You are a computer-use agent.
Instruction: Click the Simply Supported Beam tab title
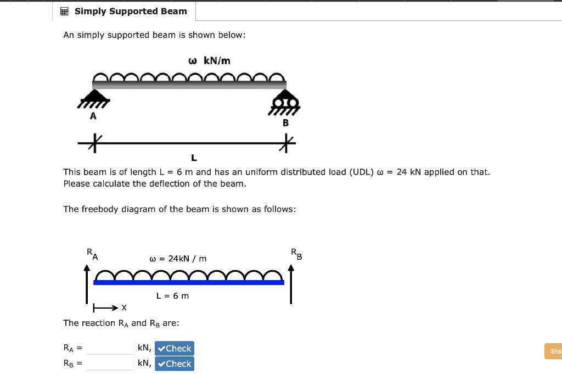coord(131,11)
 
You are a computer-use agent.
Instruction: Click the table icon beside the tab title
coord(64,11)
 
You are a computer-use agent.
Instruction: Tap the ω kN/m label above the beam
coord(209,60)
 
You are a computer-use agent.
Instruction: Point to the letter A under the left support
coord(93,116)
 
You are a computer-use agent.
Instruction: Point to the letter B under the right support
coord(285,123)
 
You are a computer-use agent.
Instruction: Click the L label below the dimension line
coord(194,158)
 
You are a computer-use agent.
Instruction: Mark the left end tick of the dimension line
coord(94,144)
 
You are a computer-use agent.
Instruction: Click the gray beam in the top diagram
coord(189,85)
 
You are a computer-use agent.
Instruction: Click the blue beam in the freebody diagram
coord(189,282)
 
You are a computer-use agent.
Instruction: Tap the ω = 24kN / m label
coord(178,258)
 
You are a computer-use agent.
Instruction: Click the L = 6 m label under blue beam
coord(172,295)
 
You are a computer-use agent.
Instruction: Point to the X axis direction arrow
coord(106,308)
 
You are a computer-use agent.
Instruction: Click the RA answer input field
coord(110,348)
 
